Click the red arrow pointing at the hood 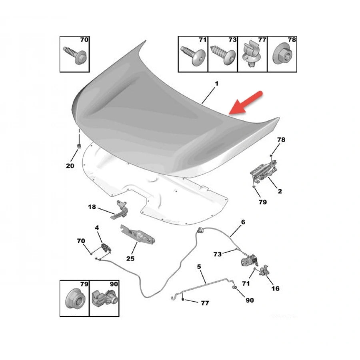(x=246, y=103)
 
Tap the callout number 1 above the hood (x=216, y=84)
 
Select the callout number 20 (x=70, y=166)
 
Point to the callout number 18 (x=92, y=207)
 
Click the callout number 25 (x=130, y=258)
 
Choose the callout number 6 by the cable (x=243, y=222)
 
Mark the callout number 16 (x=275, y=288)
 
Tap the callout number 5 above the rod (x=199, y=266)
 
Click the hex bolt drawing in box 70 (x=75, y=55)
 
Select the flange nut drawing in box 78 (x=282, y=56)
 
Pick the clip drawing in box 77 (x=252, y=54)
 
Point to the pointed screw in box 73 (x=222, y=55)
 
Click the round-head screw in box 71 (x=193, y=56)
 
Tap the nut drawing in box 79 (x=75, y=299)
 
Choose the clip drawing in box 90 (x=104, y=299)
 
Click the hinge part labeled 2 (x=263, y=172)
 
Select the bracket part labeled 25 (x=138, y=234)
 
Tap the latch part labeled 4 (x=106, y=248)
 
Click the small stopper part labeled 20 (x=79, y=146)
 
